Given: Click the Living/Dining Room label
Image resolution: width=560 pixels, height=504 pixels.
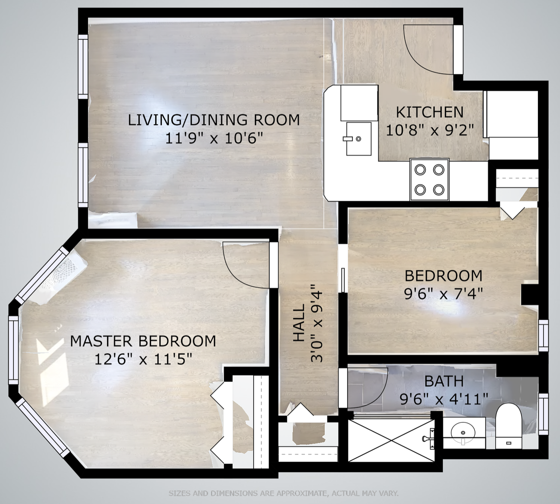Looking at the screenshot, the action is [214, 120].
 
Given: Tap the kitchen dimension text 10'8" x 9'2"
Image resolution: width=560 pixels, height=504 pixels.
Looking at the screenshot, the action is [430, 130].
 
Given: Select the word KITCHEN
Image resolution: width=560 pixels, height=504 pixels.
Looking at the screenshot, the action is [430, 112].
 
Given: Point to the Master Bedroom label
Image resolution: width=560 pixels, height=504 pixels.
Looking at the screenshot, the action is [143, 341].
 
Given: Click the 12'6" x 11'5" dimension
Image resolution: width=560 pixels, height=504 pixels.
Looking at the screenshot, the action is [144, 359].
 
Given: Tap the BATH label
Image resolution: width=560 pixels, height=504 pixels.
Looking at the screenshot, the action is [444, 381].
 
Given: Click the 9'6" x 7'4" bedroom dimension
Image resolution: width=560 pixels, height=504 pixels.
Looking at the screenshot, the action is [444, 294].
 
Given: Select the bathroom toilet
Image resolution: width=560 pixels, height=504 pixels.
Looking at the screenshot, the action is [508, 426].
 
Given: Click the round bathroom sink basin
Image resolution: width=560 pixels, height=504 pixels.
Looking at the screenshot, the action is [463, 433].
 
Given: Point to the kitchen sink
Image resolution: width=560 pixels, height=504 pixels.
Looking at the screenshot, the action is [359, 139].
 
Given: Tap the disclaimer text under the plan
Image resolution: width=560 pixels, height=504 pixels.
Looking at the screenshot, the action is [283, 493].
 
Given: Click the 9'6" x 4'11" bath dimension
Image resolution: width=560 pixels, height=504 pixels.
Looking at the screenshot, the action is [444, 399].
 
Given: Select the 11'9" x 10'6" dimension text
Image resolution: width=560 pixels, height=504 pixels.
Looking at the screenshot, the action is [214, 138].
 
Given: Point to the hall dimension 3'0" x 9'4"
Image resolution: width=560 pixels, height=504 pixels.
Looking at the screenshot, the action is [316, 323].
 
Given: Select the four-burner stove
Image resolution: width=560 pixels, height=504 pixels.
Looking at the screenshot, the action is [429, 180].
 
